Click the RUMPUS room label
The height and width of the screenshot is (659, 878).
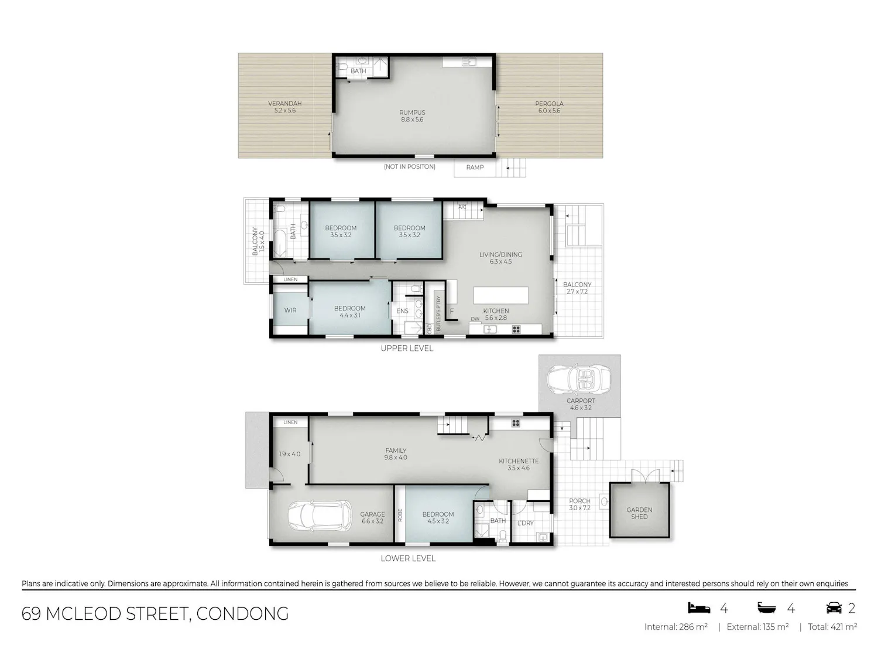pos(412,112)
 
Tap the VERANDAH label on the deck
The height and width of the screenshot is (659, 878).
pos(285,103)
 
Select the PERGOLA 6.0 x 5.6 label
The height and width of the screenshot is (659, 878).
pos(549,107)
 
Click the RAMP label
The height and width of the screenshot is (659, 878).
pos(475,168)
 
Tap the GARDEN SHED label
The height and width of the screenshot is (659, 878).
pos(639,513)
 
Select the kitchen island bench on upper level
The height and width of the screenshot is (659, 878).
pos(501,295)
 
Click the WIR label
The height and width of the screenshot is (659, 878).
pos(290,310)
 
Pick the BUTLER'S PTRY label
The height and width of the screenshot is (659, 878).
pos(438,313)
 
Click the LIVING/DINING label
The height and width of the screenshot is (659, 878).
pos(501,254)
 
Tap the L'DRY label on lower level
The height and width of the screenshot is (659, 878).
pos(526,523)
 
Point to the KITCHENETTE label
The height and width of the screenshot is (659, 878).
pos(519,461)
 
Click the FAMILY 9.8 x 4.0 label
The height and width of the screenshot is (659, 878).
pos(396,454)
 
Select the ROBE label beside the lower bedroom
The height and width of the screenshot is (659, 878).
pos(400,515)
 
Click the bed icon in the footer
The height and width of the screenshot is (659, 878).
pos(699,608)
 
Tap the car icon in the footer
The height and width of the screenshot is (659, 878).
pos(834,608)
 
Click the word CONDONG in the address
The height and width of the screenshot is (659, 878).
pos(242,614)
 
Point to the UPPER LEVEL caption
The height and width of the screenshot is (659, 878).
pos(407,348)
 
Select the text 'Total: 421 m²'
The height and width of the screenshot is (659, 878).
pos(832,627)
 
